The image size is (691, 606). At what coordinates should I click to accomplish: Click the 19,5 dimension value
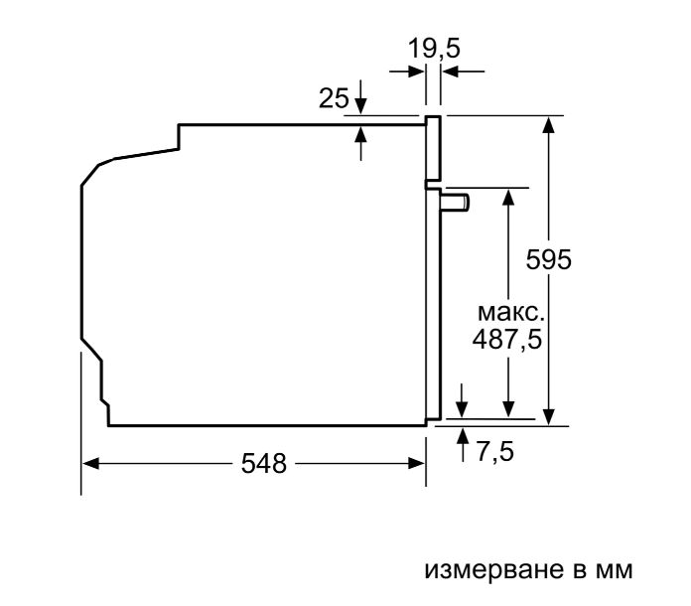click(x=434, y=48)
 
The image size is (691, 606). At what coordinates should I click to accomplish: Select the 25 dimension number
click(x=334, y=98)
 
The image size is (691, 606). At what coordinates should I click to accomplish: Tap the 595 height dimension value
click(x=549, y=259)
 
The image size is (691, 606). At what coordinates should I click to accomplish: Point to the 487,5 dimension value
click(x=506, y=339)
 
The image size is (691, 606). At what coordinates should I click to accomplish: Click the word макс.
click(x=511, y=313)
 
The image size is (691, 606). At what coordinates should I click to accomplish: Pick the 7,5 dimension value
click(x=494, y=451)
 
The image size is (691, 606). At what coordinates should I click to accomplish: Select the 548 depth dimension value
click(x=264, y=464)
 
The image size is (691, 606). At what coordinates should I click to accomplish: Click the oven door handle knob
click(x=456, y=203)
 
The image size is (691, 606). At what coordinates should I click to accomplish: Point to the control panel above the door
click(x=433, y=148)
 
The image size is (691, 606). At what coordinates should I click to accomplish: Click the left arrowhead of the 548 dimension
click(x=90, y=464)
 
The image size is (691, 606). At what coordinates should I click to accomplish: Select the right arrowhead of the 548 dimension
click(x=416, y=464)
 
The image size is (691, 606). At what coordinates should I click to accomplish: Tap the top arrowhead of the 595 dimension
click(x=549, y=124)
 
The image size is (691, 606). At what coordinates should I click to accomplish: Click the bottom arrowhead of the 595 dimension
click(x=549, y=417)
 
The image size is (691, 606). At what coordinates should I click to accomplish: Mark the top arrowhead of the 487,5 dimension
click(x=508, y=197)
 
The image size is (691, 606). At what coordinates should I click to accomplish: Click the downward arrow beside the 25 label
click(x=361, y=97)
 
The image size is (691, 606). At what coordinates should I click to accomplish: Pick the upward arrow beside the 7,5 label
click(x=463, y=445)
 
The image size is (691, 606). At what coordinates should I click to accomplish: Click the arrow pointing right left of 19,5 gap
click(x=407, y=71)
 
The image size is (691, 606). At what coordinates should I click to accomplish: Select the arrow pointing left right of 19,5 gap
click(x=464, y=71)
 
